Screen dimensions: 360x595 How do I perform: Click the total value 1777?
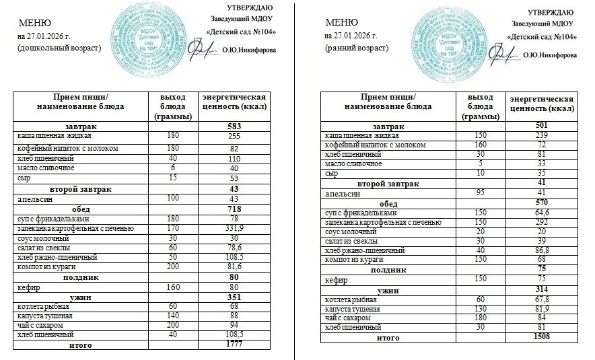click(x=235, y=345)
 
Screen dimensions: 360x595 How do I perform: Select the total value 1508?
click(x=541, y=336)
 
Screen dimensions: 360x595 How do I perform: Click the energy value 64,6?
click(x=542, y=213)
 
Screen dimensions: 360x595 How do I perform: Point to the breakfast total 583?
click(x=235, y=126)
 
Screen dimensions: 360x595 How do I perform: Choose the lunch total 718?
click(x=235, y=210)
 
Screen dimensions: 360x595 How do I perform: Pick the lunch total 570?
click(x=541, y=203)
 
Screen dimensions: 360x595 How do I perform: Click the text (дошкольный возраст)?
click(x=60, y=48)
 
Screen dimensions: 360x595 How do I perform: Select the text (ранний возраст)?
click(x=356, y=48)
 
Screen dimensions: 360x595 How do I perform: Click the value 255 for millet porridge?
click(x=235, y=135)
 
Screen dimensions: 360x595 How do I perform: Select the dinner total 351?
click(x=235, y=297)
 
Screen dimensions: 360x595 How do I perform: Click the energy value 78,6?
click(x=235, y=248)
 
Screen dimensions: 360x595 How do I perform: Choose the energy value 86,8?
click(x=542, y=250)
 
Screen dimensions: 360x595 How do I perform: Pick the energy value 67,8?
click(x=542, y=299)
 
